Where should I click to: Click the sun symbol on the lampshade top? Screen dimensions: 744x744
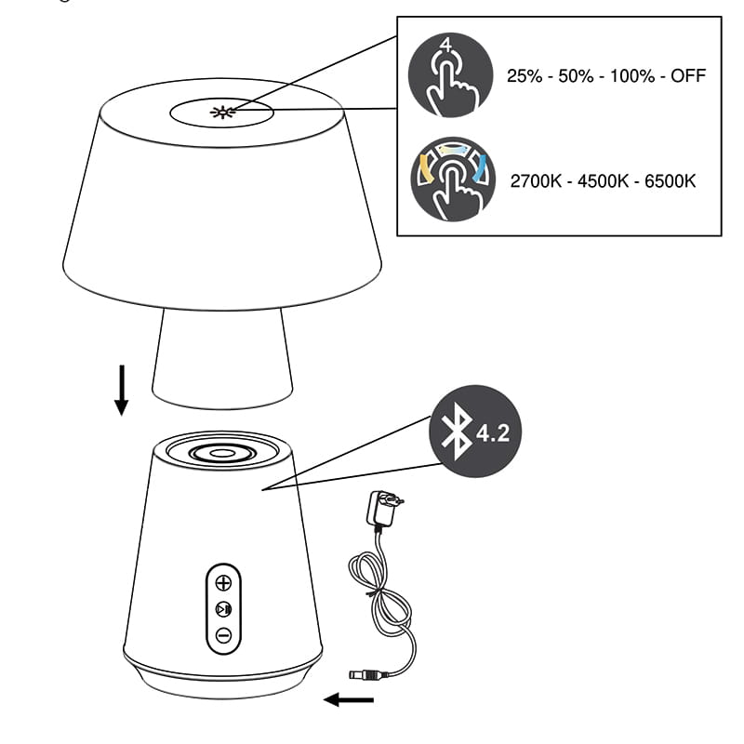[223, 113]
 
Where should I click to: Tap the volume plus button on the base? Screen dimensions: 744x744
[223, 582]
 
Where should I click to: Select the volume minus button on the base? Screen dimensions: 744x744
[223, 635]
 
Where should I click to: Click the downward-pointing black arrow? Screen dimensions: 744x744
[122, 390]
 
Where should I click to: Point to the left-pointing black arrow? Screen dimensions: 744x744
[349, 699]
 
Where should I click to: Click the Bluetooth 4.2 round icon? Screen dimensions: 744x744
[475, 432]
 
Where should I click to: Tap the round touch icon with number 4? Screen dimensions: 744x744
[451, 75]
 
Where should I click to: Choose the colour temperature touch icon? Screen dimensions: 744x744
[453, 179]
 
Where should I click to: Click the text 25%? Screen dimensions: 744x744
[525, 76]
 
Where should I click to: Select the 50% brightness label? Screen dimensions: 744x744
[576, 76]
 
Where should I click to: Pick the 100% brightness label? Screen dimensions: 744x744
[632, 76]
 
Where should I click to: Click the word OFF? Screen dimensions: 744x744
[688, 76]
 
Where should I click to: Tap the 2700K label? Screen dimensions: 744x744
[536, 181]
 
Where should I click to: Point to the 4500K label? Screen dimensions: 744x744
[603, 181]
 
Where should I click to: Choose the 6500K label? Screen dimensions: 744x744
[670, 181]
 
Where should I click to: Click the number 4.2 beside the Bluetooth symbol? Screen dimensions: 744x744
[493, 432]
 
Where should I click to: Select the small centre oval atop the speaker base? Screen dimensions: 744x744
[222, 453]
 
